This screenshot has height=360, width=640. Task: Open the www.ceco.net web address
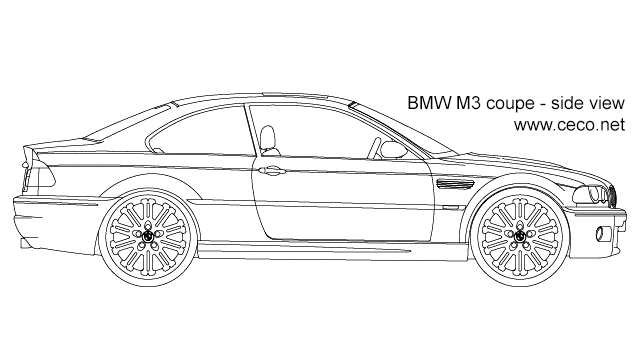[568, 125]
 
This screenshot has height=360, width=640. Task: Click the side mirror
[392, 151]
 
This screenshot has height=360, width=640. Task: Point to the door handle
[269, 170]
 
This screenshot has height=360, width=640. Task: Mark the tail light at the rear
[36, 176]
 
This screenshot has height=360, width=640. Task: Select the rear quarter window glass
[190, 131]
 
